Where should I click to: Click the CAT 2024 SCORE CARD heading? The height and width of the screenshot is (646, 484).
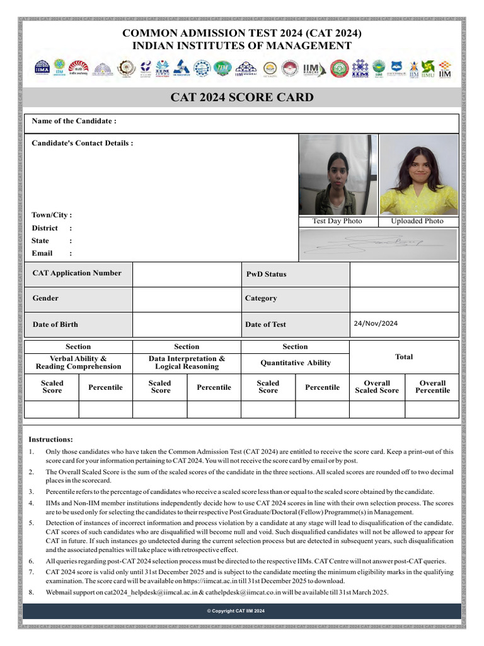coord(242,98)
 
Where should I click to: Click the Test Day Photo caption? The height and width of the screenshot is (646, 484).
coord(337,221)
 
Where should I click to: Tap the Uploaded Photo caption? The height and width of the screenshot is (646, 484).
coord(417,221)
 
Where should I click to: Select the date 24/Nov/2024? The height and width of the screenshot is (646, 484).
coord(376,324)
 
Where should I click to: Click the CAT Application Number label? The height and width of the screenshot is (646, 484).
coord(77,273)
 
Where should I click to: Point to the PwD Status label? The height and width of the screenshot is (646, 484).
coord(266,274)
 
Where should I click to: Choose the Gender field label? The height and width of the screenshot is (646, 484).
coord(45,298)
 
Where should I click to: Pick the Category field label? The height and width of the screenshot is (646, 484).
coord(261,298)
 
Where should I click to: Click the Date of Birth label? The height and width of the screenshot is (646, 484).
coord(55,324)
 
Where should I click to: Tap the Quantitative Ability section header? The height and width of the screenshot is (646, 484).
coord(296,363)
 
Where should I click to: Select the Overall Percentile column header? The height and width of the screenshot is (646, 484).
coord(432,387)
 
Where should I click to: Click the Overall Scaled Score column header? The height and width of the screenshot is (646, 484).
coord(377,387)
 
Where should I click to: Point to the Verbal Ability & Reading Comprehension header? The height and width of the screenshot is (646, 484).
coord(78,362)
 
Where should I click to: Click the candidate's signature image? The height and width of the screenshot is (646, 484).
coord(378,244)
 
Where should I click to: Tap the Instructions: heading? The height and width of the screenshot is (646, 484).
coord(50,439)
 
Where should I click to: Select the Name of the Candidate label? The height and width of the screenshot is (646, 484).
coord(74,121)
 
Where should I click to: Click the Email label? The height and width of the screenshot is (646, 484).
coord(42,254)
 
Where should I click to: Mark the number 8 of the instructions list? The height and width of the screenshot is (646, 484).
coord(31,592)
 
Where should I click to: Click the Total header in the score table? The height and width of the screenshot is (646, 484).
coord(404,357)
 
